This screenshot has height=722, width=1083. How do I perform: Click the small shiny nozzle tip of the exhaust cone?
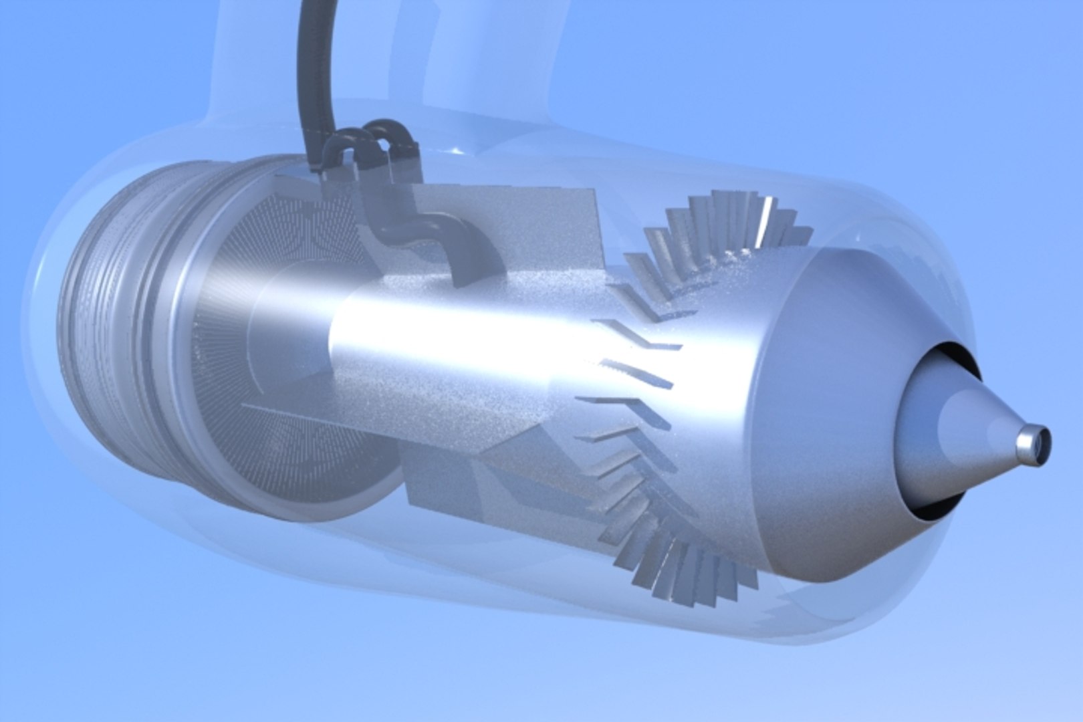click(x=1033, y=447)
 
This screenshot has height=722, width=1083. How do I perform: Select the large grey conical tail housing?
click(x=836, y=414)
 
